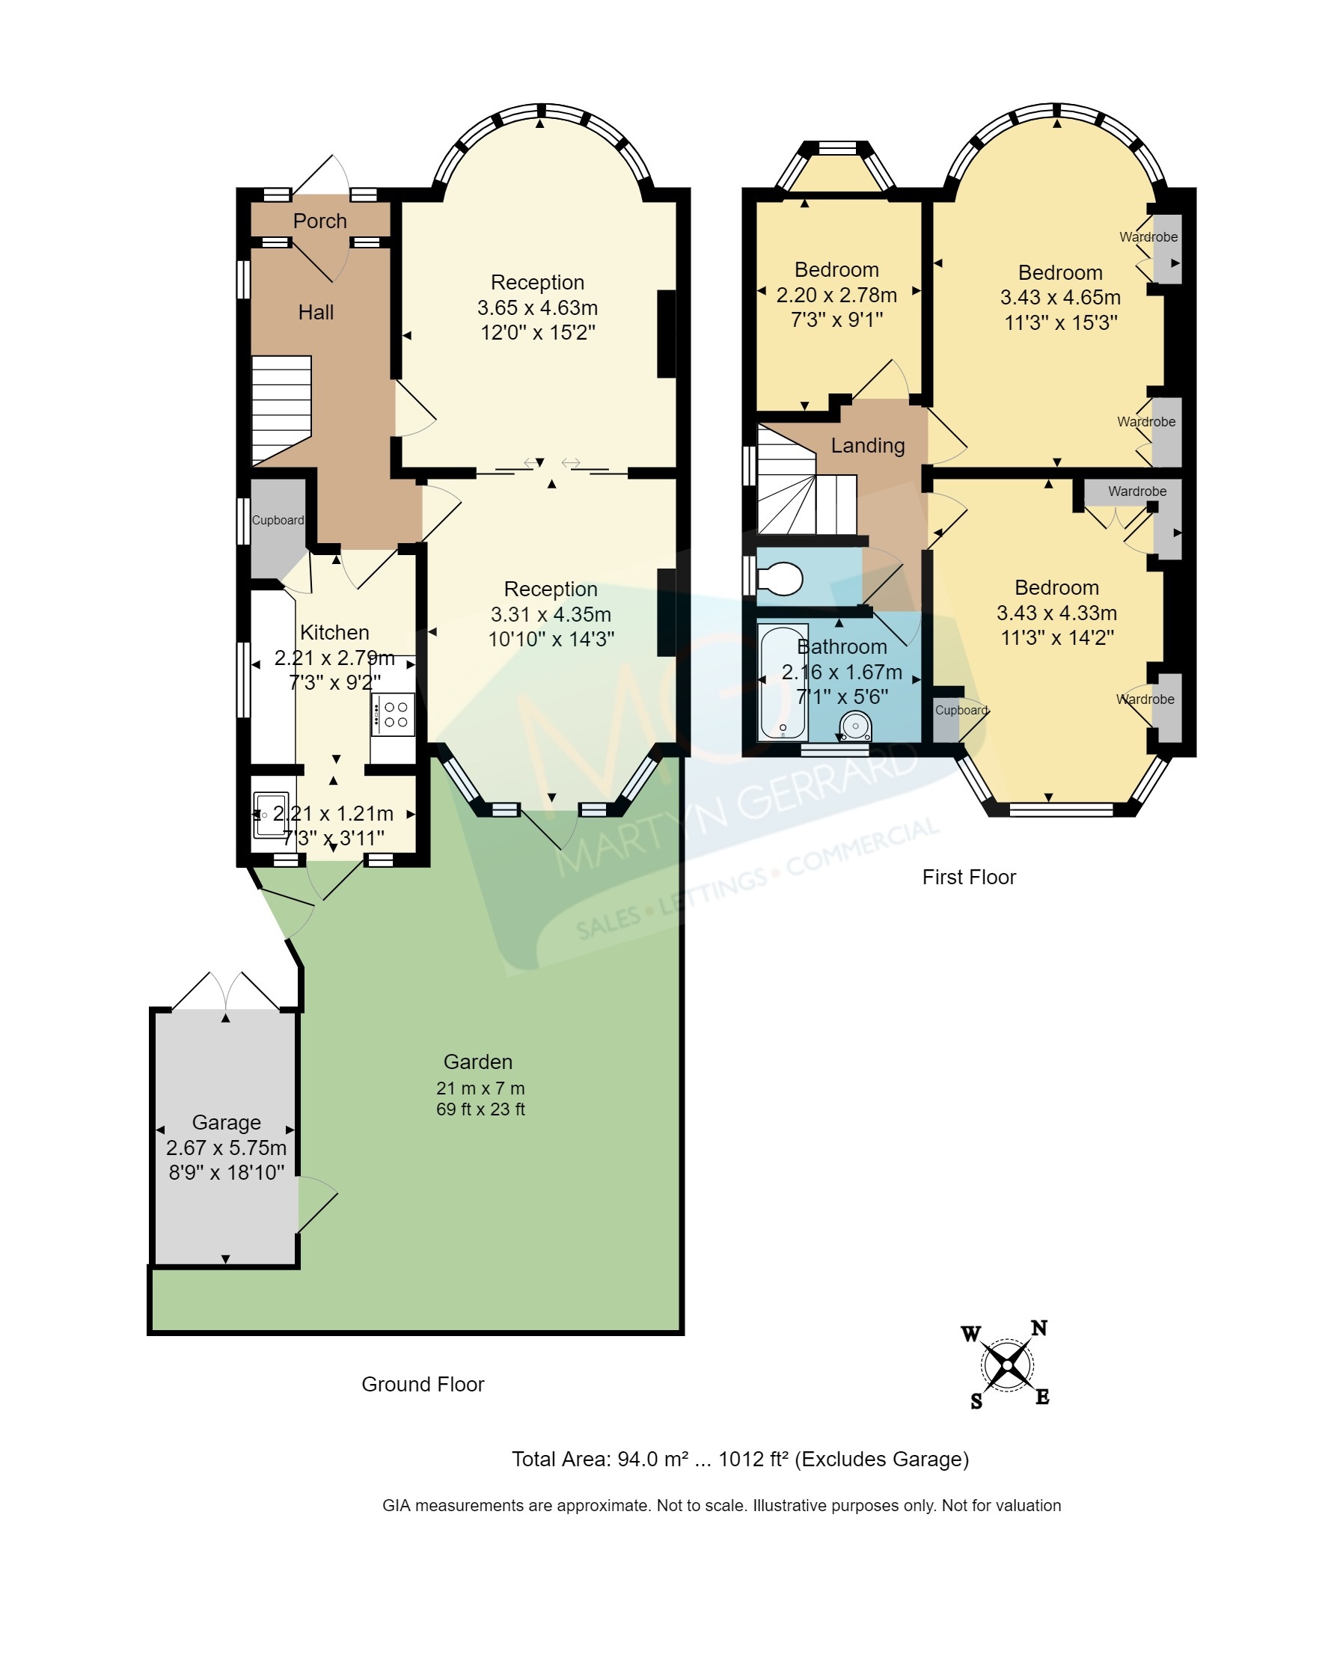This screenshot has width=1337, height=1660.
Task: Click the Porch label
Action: [319, 221]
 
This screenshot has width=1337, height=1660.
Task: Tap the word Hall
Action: [316, 313]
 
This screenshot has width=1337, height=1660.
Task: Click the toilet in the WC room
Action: [781, 579]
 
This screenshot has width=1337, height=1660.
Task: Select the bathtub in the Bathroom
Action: [783, 682]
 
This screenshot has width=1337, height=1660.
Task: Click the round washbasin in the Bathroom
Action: [855, 726]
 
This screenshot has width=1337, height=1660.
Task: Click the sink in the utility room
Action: [270, 815]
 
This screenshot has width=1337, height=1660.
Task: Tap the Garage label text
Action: [227, 1123]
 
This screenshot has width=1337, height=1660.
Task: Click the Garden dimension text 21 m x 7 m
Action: [480, 1088]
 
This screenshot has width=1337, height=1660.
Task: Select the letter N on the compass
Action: [1039, 1328]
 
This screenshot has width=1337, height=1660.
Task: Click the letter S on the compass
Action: [976, 1401]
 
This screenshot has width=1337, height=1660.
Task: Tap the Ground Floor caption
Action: [423, 1385]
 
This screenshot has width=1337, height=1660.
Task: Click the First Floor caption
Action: [969, 877]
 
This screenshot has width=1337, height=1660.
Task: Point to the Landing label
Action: [867, 446]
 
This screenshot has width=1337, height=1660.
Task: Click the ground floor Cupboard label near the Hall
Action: [278, 521]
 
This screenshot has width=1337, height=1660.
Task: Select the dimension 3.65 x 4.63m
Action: [538, 308]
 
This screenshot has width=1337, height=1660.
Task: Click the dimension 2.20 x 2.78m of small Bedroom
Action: [836, 295]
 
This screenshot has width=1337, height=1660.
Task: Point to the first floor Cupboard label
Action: [961, 710]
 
